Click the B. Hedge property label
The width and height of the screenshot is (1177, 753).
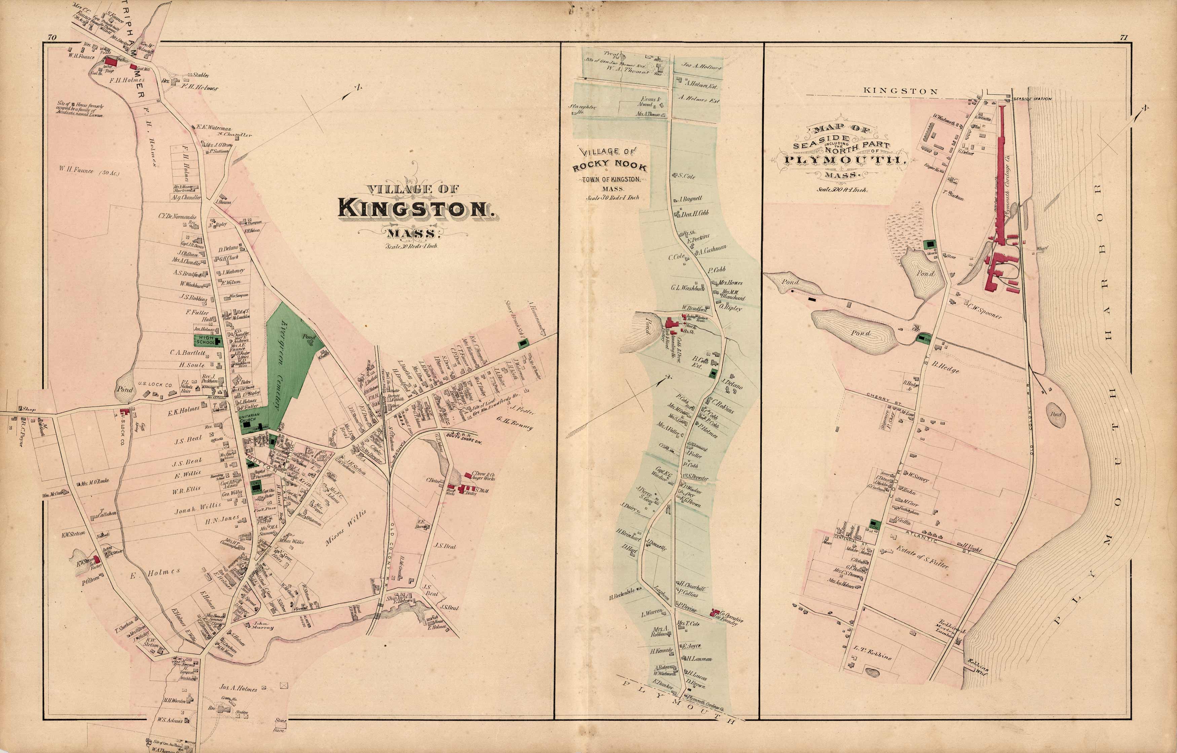click(945, 367)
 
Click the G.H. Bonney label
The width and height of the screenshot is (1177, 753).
click(516, 424)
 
